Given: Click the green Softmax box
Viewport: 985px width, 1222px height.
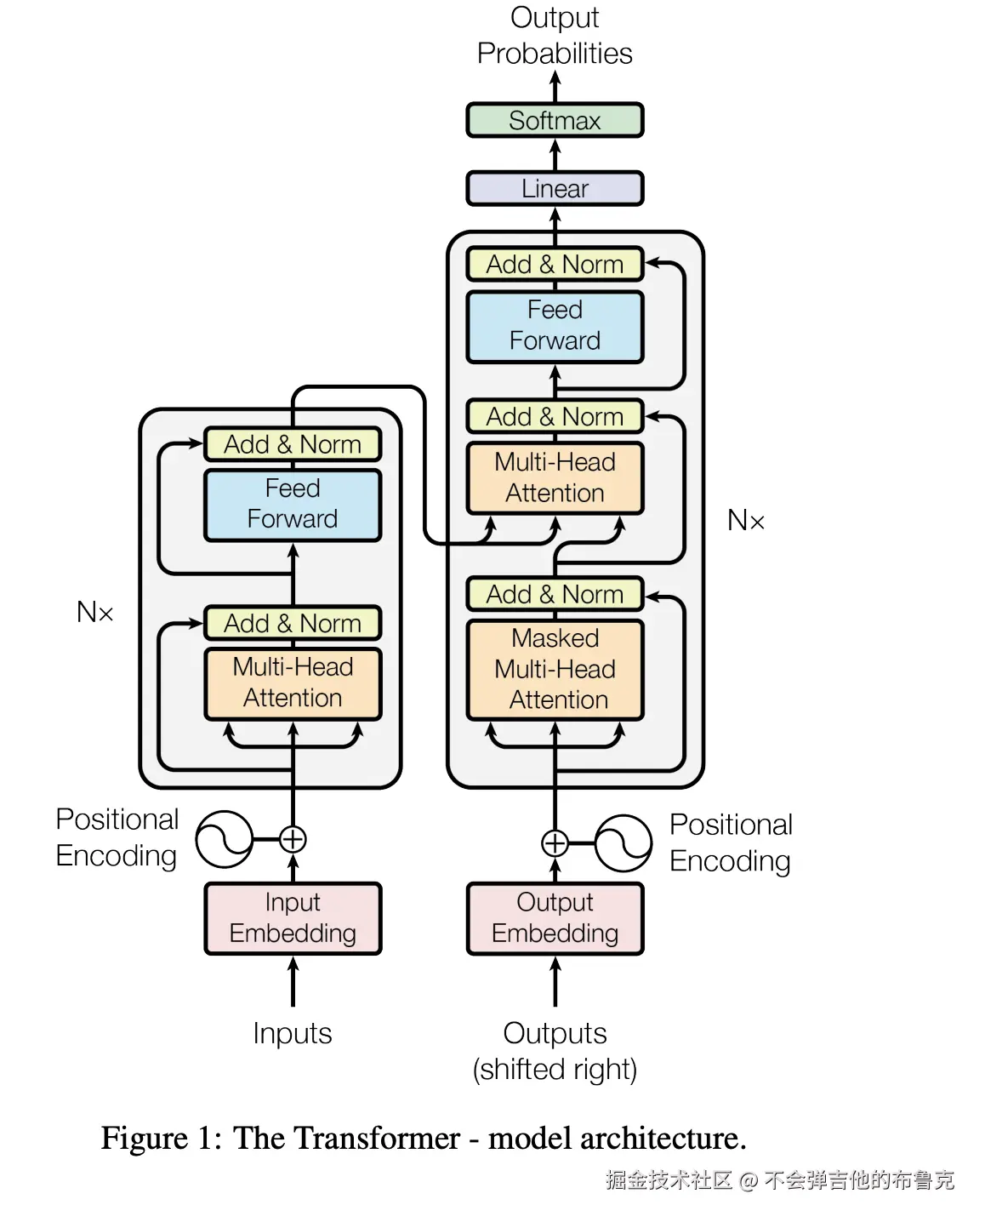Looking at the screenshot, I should (555, 120).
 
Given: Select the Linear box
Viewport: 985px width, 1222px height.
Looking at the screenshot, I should (555, 188).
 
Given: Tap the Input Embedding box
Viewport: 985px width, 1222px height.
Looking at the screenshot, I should (293, 918).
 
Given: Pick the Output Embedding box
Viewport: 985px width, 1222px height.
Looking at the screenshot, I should (555, 918).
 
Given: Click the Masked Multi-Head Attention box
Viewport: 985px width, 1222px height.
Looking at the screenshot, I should (555, 670).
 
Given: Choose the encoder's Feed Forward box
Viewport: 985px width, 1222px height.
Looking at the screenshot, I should (293, 504).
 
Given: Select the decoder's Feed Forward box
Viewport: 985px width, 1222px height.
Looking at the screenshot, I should (555, 326).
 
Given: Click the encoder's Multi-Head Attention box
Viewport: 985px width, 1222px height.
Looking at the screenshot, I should (293, 682).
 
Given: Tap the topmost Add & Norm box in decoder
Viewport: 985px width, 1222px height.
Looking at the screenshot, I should (555, 265).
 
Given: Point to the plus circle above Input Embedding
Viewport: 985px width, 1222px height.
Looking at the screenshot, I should (293, 839).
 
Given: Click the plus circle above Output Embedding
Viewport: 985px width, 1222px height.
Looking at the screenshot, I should (555, 843).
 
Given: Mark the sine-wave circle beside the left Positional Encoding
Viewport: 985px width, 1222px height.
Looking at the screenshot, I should (224, 839).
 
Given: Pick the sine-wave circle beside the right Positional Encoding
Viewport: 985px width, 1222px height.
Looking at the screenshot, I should (623, 843).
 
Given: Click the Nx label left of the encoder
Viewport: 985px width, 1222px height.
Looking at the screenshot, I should (94, 612).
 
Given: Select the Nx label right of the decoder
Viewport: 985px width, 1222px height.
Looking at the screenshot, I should (746, 520).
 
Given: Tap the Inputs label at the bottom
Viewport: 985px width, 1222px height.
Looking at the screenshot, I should (292, 1033).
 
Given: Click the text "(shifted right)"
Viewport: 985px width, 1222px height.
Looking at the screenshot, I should (555, 1070).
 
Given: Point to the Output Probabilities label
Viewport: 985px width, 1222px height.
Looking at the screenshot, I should (555, 36).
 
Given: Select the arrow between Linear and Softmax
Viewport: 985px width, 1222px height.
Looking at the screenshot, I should (555, 155).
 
